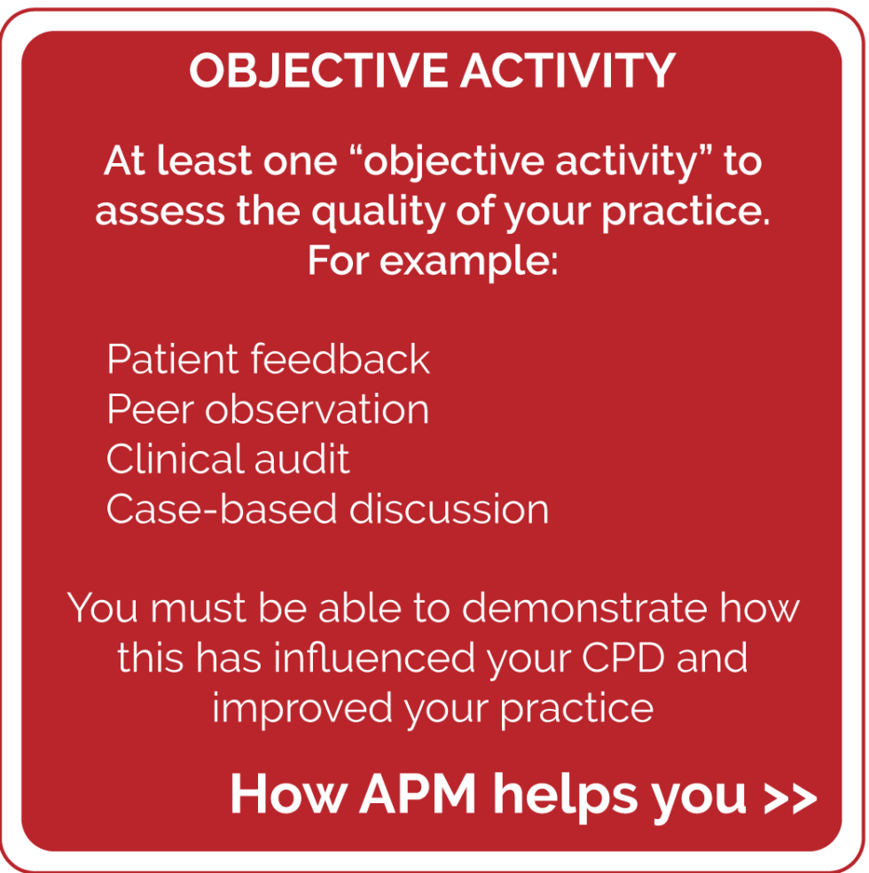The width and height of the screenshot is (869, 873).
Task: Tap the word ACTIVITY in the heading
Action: point(568,71)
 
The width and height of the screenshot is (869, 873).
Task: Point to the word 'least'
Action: point(204,161)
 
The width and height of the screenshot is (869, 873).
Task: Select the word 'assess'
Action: point(160,211)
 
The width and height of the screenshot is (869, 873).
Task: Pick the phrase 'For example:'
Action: point(433,261)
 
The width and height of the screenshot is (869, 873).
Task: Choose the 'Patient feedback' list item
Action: point(268,359)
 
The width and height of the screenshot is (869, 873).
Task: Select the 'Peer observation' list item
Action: point(268,409)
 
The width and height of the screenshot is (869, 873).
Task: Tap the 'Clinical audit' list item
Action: point(228,459)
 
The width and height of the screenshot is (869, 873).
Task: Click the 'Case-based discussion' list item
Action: point(327,509)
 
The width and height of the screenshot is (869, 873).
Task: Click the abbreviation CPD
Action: point(623,658)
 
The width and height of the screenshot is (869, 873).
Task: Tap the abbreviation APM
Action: point(418,794)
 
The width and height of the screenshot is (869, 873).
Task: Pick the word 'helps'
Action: point(565,796)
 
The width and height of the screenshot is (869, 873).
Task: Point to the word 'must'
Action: point(199,608)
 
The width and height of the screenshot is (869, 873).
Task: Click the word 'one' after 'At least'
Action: point(301,162)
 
